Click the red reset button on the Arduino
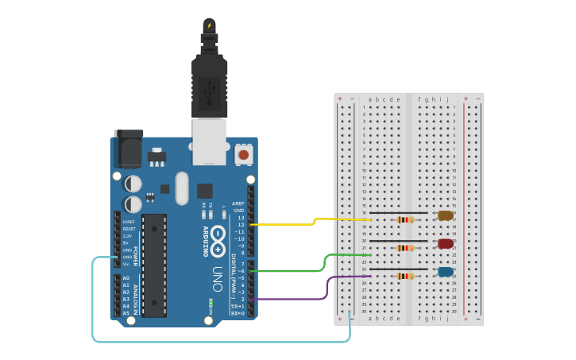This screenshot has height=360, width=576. coord(244,154)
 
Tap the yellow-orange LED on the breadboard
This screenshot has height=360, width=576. coord(445,215)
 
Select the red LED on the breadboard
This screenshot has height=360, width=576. coord(445,244)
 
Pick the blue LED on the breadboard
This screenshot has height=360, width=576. coord(445,272)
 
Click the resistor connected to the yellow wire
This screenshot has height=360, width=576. coord(405,219)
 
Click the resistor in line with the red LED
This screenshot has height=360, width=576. coord(405,248)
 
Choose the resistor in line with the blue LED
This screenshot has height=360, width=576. coord(405,277)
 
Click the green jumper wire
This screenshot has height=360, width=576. coord(302,270)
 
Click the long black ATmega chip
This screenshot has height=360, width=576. coord(154,265)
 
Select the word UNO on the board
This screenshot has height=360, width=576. coord(217,278)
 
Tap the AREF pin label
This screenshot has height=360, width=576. coord(238,203)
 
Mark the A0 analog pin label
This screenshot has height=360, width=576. coord(126,278)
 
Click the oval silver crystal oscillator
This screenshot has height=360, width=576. coord(182,188)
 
